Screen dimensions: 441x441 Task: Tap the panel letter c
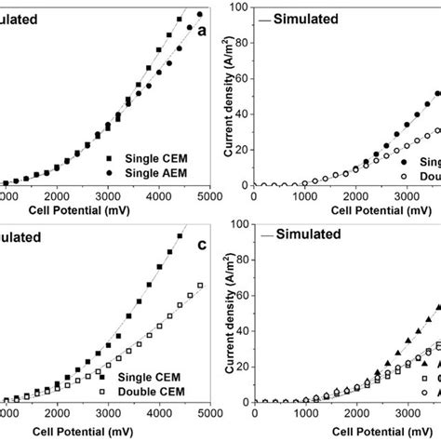[201, 245]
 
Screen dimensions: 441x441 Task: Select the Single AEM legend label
[159, 173]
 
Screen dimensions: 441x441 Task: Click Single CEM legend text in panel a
[159, 157]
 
